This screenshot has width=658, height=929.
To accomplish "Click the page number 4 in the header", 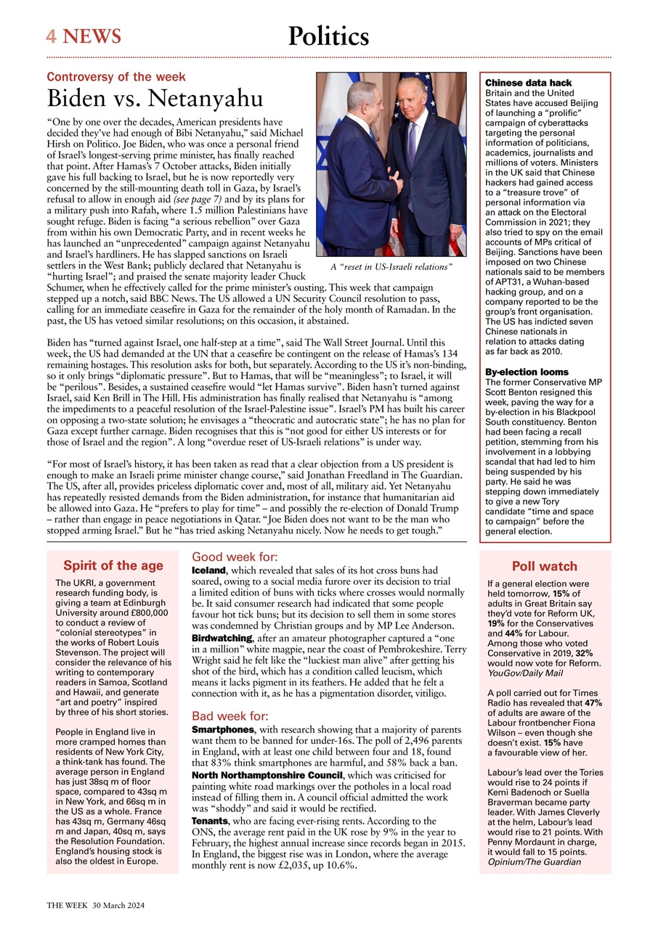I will pyautogui.click(x=52, y=36).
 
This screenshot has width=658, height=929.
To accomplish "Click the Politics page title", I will pyautogui.click(x=328, y=36).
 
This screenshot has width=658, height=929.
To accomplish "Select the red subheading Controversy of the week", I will pyautogui.click(x=116, y=77).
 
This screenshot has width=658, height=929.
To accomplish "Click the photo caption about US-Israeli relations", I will pyautogui.click(x=391, y=268).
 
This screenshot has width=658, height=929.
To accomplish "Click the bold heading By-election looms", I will pyautogui.click(x=527, y=372).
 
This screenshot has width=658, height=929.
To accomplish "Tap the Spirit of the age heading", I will pyautogui.click(x=113, y=566).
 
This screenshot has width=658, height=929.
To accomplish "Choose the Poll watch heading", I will pyautogui.click(x=545, y=567).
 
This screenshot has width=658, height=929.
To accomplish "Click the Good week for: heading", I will pyautogui.click(x=235, y=557).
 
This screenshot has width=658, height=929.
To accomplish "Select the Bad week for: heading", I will pyautogui.click(x=229, y=716).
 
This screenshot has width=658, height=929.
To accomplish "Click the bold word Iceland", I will pyautogui.click(x=208, y=570).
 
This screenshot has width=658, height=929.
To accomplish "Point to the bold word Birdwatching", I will pyautogui.click(x=222, y=638).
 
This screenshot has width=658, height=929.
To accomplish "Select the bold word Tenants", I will pyautogui.click(x=210, y=820).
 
